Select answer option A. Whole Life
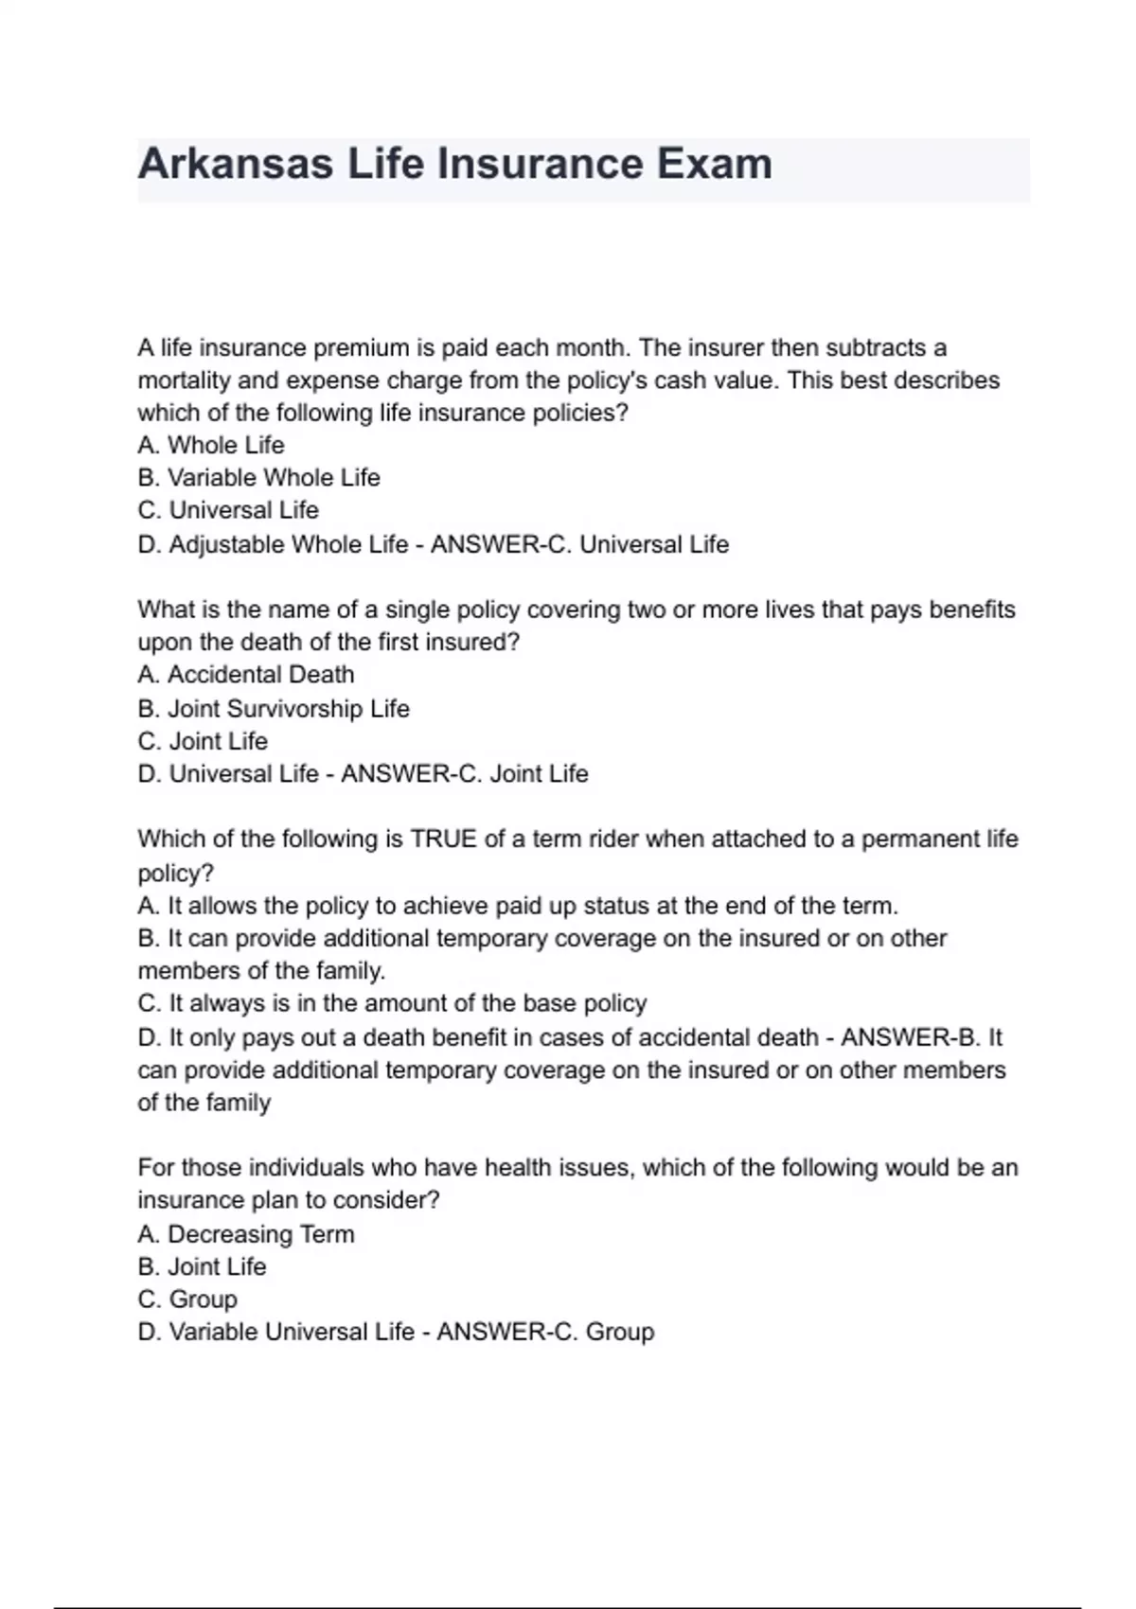(x=211, y=445)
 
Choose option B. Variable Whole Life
(x=258, y=478)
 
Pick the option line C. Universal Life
(x=228, y=510)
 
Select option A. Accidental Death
(x=246, y=675)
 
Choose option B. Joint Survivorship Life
(x=274, y=709)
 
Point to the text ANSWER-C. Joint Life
(x=464, y=774)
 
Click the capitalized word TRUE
(x=443, y=840)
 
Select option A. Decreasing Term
(x=246, y=1234)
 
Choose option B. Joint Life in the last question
(x=202, y=1267)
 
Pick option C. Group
(x=187, y=1300)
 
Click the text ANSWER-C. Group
(x=545, y=1333)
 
